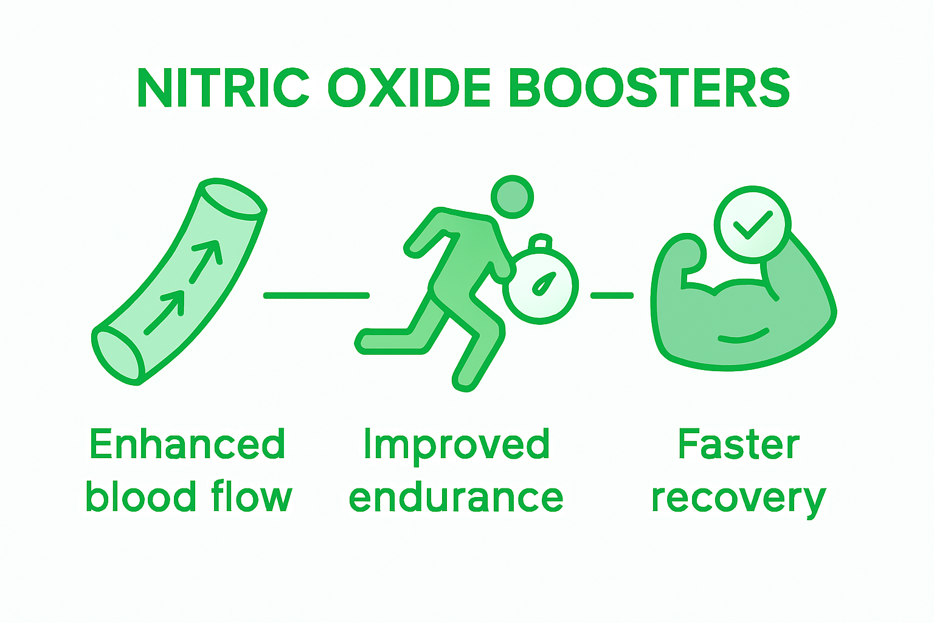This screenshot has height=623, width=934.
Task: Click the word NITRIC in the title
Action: tap(223, 88)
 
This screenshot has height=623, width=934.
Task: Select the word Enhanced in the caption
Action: tap(187, 444)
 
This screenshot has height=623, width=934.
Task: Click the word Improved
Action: tap(456, 444)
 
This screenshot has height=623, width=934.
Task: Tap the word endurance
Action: tap(456, 498)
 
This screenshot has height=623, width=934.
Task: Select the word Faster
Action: tap(738, 444)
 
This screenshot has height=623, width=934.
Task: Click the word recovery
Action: tap(738, 499)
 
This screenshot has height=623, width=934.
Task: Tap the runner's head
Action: tap(512, 197)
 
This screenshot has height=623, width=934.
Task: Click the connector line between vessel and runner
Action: tap(316, 296)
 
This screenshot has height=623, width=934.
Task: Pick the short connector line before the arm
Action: tap(612, 296)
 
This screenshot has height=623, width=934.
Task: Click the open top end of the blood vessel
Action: tap(233, 199)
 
